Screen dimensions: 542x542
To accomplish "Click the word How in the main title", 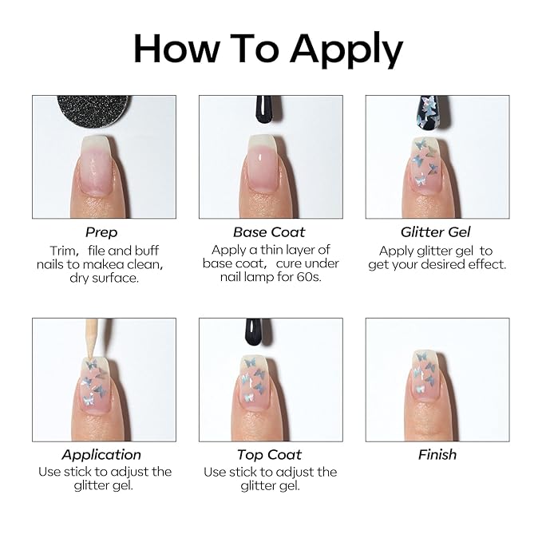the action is (176, 49).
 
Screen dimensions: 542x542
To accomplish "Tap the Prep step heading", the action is (101, 232).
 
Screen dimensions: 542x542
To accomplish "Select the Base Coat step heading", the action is (269, 232).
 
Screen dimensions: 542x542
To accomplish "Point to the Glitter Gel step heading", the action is (436, 232).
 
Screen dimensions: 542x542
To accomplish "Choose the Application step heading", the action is (101, 455).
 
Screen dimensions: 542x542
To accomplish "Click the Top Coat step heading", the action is (269, 455).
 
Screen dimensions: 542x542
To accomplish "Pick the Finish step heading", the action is (437, 455).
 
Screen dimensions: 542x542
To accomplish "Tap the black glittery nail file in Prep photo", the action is (93, 111).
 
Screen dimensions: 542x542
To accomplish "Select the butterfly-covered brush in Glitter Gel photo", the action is (432, 113).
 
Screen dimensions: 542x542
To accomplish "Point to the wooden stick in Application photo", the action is (91, 338).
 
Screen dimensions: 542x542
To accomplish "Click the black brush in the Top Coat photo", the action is (255, 332).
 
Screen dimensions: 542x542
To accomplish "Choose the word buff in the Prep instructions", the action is (147, 251).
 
